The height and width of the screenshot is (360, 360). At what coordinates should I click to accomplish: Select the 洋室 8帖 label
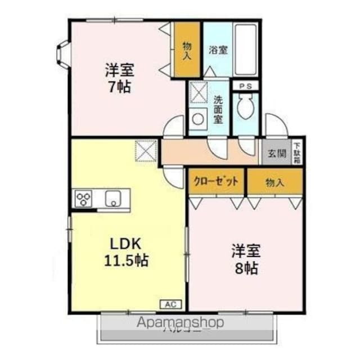click(246, 259)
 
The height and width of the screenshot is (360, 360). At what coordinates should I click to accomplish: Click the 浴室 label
click(218, 49)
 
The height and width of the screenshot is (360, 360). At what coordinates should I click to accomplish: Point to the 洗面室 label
click(218, 110)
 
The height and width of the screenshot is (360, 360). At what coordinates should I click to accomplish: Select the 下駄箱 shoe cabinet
click(297, 152)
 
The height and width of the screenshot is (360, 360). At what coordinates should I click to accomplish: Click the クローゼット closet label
click(217, 182)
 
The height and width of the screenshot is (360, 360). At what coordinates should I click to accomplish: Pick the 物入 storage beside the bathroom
click(187, 49)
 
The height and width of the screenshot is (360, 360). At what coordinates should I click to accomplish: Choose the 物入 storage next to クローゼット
click(274, 182)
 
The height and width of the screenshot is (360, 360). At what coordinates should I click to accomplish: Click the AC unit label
click(171, 304)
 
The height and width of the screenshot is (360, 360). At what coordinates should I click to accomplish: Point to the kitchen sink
click(112, 199)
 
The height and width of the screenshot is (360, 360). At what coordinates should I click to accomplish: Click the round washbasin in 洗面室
click(198, 120)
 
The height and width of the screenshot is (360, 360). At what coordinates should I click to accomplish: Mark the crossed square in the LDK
click(146, 150)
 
